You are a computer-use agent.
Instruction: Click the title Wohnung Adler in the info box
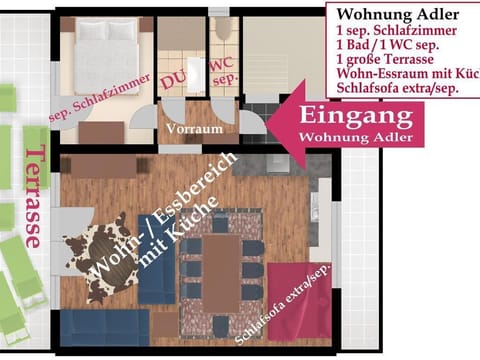pos(397,14)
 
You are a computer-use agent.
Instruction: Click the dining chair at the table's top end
pos(222,222)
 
